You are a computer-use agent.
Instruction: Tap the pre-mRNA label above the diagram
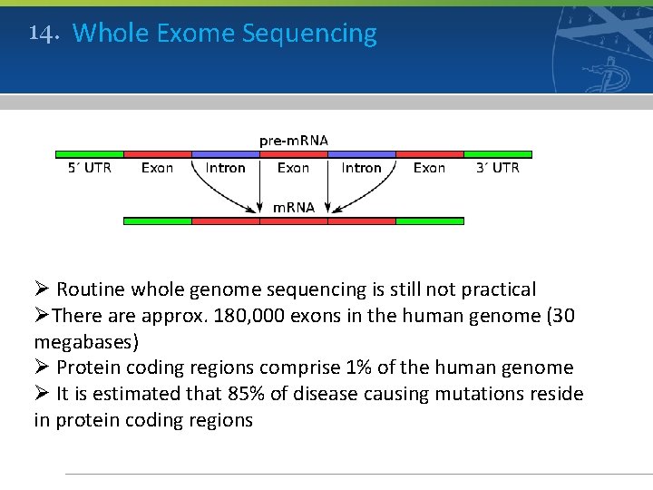[294, 141]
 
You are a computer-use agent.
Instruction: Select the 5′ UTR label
[90, 168]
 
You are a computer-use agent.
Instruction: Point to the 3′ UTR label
[498, 168]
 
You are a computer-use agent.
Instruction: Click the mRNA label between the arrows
[294, 207]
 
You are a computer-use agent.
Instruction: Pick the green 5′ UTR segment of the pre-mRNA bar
[89, 154]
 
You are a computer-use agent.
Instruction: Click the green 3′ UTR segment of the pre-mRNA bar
[498, 154]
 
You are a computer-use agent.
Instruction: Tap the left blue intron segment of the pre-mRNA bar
[225, 154]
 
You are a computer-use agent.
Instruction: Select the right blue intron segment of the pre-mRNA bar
[361, 154]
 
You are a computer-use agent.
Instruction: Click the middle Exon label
[293, 168]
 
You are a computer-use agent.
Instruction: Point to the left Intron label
[225, 168]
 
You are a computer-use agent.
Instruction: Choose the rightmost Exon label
[429, 168]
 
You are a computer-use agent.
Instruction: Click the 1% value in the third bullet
[357, 367]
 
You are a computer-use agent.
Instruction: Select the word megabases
[86, 342]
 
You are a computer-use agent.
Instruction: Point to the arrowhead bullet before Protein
[42, 367]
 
